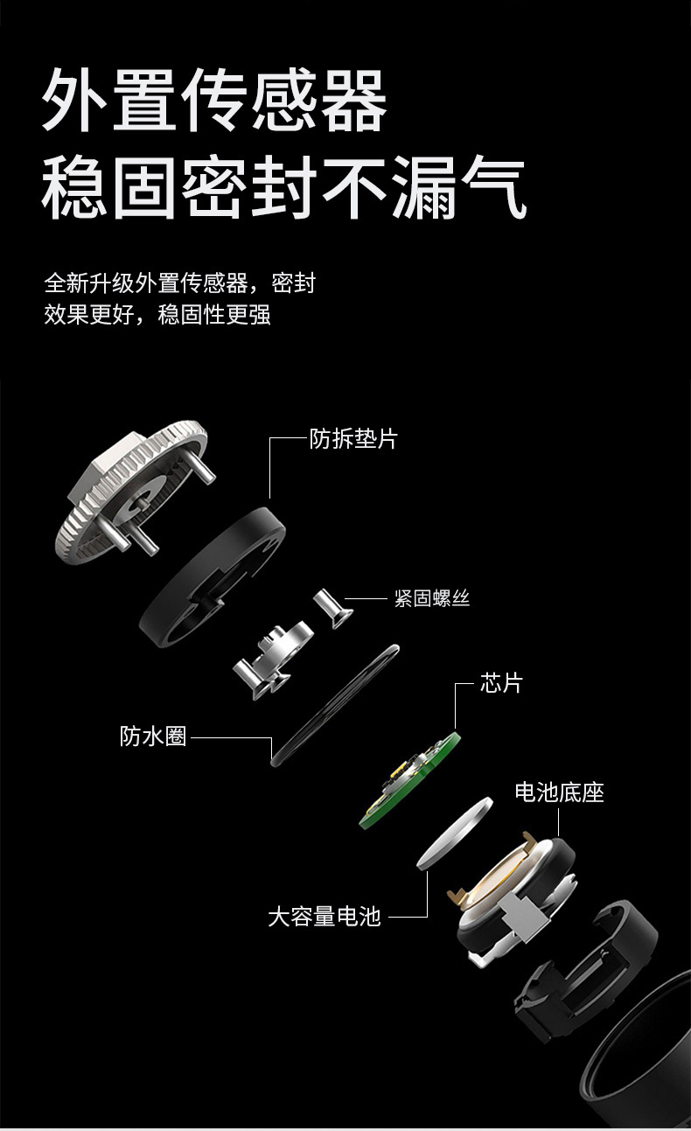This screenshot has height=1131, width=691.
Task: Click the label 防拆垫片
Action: click(353, 438)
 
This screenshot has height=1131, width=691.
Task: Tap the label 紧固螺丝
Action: click(432, 598)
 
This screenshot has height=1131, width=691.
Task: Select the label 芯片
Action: click(501, 683)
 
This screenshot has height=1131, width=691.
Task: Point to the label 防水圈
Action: click(153, 737)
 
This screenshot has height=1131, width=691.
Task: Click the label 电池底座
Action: click(559, 792)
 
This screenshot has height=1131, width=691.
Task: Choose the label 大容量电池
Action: click(324, 916)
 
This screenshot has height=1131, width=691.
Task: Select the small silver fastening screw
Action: click(333, 608)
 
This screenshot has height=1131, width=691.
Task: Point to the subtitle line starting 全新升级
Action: click(180, 283)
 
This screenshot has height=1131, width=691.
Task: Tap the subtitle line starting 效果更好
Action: click(157, 315)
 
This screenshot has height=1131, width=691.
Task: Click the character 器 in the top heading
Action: click(354, 100)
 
